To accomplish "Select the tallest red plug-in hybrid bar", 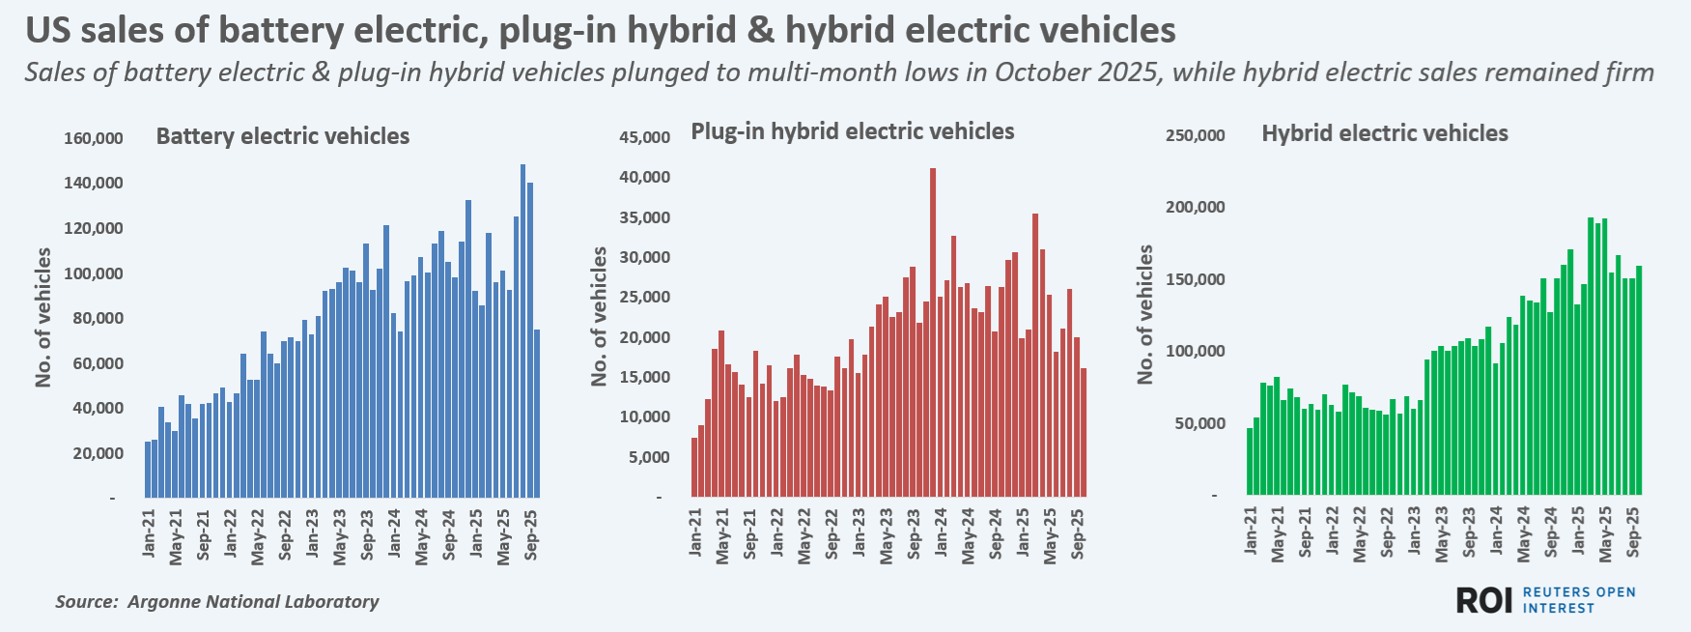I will click(x=933, y=332).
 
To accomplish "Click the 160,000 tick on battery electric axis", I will click(x=94, y=138).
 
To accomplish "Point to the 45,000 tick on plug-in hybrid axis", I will click(x=644, y=138).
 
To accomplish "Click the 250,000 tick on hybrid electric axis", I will click(x=1195, y=135).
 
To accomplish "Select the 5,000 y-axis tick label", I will click(x=649, y=457).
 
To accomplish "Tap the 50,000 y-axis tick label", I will click(x=1199, y=423).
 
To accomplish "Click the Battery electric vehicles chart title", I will click(x=282, y=136).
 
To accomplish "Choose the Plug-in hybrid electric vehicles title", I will click(x=852, y=131).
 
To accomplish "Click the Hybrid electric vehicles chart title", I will click(x=1384, y=133).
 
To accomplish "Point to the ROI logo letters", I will click(x=1483, y=600).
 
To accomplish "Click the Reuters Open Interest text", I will click(x=1578, y=600).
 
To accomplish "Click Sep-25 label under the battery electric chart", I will click(x=531, y=534).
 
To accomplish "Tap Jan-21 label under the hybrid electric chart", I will click(x=1251, y=531).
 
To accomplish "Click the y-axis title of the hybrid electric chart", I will click(x=1145, y=314).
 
